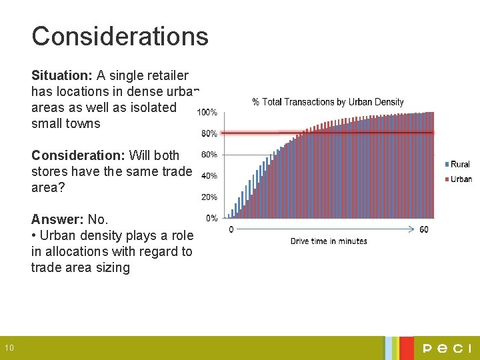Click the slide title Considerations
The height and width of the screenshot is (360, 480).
[120, 36]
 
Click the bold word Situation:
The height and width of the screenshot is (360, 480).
[62, 75]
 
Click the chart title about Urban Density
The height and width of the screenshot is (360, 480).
[328, 102]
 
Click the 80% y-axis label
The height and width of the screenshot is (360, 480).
[209, 133]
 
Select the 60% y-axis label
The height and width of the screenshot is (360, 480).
[209, 155]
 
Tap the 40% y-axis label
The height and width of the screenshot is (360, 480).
[209, 176]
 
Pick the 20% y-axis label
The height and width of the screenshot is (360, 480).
[209, 197]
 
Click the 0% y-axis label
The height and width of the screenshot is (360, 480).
[211, 218]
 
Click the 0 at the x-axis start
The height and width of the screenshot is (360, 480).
[231, 230]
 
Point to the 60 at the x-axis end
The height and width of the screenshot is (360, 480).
[424, 230]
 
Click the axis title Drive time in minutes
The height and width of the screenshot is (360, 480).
[329, 241]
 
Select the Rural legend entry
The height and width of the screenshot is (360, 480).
[459, 165]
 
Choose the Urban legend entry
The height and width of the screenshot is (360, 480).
[459, 179]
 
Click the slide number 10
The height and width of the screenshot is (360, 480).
[9, 347]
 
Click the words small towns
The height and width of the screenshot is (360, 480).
[65, 123]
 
